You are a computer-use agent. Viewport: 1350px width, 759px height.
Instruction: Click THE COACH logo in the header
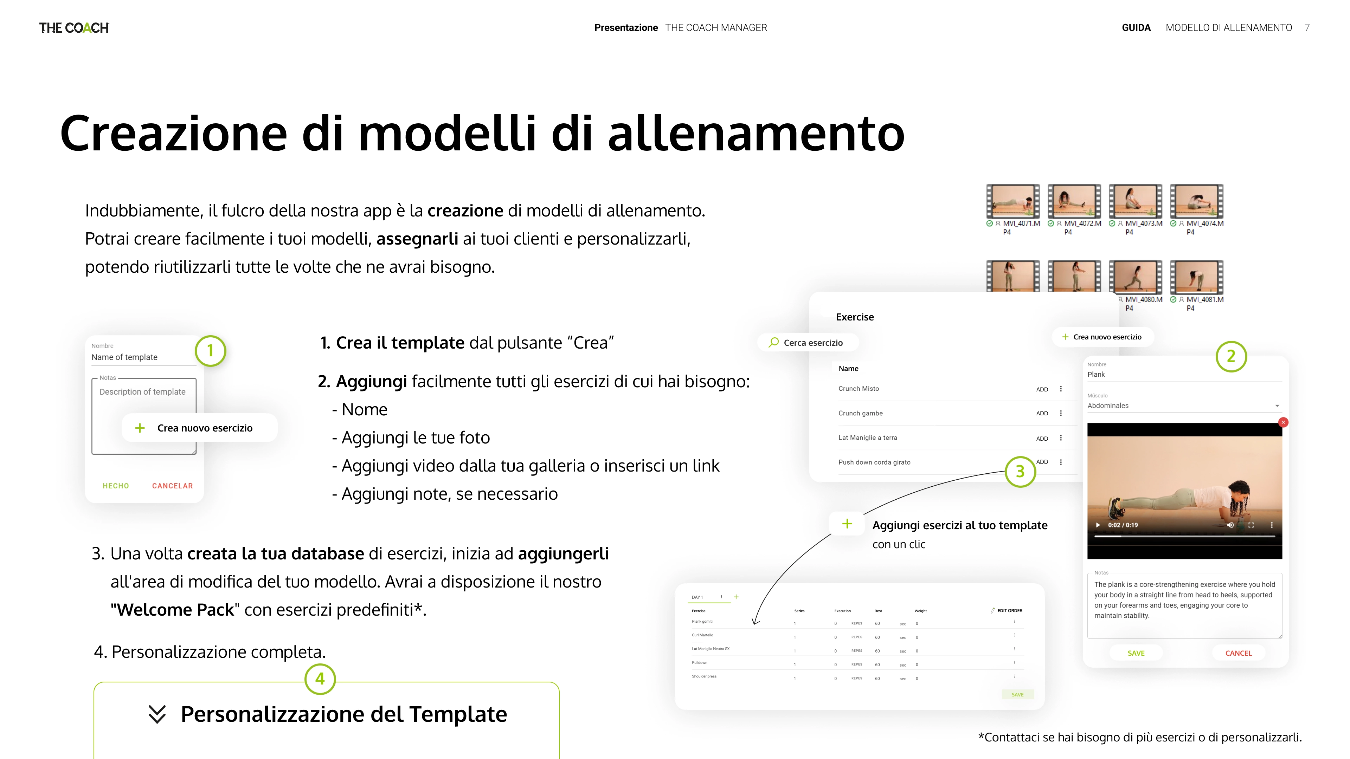74,28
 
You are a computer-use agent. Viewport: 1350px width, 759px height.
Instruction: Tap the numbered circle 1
210,350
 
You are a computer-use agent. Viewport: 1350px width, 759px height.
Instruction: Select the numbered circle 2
1230,357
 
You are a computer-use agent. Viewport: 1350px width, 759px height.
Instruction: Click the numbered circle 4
320,679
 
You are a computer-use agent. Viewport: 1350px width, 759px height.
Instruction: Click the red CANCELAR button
172,486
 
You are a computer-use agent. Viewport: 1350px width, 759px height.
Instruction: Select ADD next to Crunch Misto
1042,389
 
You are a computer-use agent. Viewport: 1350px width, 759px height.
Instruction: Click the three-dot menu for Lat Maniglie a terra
1061,438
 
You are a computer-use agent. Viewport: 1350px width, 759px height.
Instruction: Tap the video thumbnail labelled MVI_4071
1012,201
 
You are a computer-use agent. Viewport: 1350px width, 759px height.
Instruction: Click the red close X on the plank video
1283,422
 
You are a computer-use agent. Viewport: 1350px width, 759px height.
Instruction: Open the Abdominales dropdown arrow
1277,406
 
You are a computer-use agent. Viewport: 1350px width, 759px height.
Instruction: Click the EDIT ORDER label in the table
1009,611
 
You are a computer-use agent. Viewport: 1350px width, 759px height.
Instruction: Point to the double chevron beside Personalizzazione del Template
157,714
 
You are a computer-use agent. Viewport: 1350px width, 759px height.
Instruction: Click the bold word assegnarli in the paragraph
417,239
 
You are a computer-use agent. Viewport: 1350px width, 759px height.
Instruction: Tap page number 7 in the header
1307,28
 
